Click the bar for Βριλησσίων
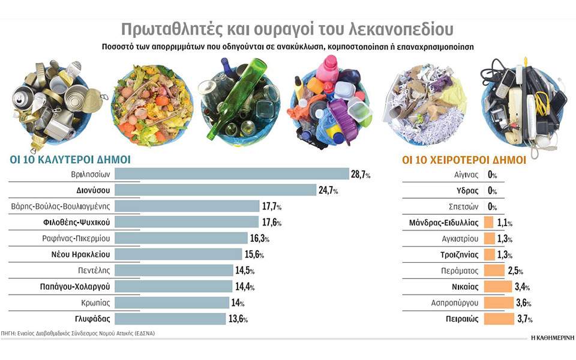click(x=232, y=175)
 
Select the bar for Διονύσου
click(x=215, y=190)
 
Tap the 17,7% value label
click(x=271, y=206)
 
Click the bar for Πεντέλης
click(x=173, y=271)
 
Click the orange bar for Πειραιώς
click(x=499, y=319)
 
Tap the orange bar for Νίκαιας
click(x=497, y=287)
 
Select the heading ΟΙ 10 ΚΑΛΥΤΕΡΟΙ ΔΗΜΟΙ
click(x=69, y=160)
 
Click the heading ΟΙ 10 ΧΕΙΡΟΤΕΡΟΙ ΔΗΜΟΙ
click(x=463, y=160)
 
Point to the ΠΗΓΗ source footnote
click(x=78, y=332)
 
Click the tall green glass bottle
click(x=236, y=96)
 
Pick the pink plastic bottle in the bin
click(x=327, y=71)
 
